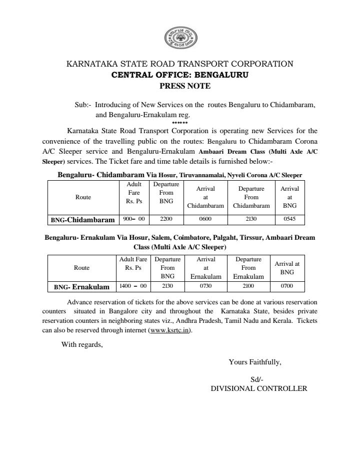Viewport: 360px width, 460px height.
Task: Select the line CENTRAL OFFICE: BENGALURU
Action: pos(179,75)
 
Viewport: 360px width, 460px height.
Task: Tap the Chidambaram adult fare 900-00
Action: pos(133,219)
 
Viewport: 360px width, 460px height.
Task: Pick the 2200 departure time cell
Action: pos(165,219)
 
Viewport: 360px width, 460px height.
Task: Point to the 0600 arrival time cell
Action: pos(205,219)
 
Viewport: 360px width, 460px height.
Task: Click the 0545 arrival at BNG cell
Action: pos(289,219)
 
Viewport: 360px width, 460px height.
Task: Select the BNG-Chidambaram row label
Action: pos(83,220)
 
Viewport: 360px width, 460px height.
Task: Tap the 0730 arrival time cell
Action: pos(205,286)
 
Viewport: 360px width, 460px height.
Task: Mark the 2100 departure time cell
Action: pos(248,286)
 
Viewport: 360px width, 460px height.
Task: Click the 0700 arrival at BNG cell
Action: pos(287,286)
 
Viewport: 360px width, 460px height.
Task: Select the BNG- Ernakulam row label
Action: pos(81,287)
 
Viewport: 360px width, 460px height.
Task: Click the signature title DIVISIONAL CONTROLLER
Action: pos(258,388)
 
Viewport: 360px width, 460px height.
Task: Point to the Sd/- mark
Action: pos(256,379)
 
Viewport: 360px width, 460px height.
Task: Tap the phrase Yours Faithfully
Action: pos(254,362)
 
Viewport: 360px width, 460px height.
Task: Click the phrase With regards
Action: pos(82,344)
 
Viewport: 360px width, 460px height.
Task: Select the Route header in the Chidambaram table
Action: pos(83,197)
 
